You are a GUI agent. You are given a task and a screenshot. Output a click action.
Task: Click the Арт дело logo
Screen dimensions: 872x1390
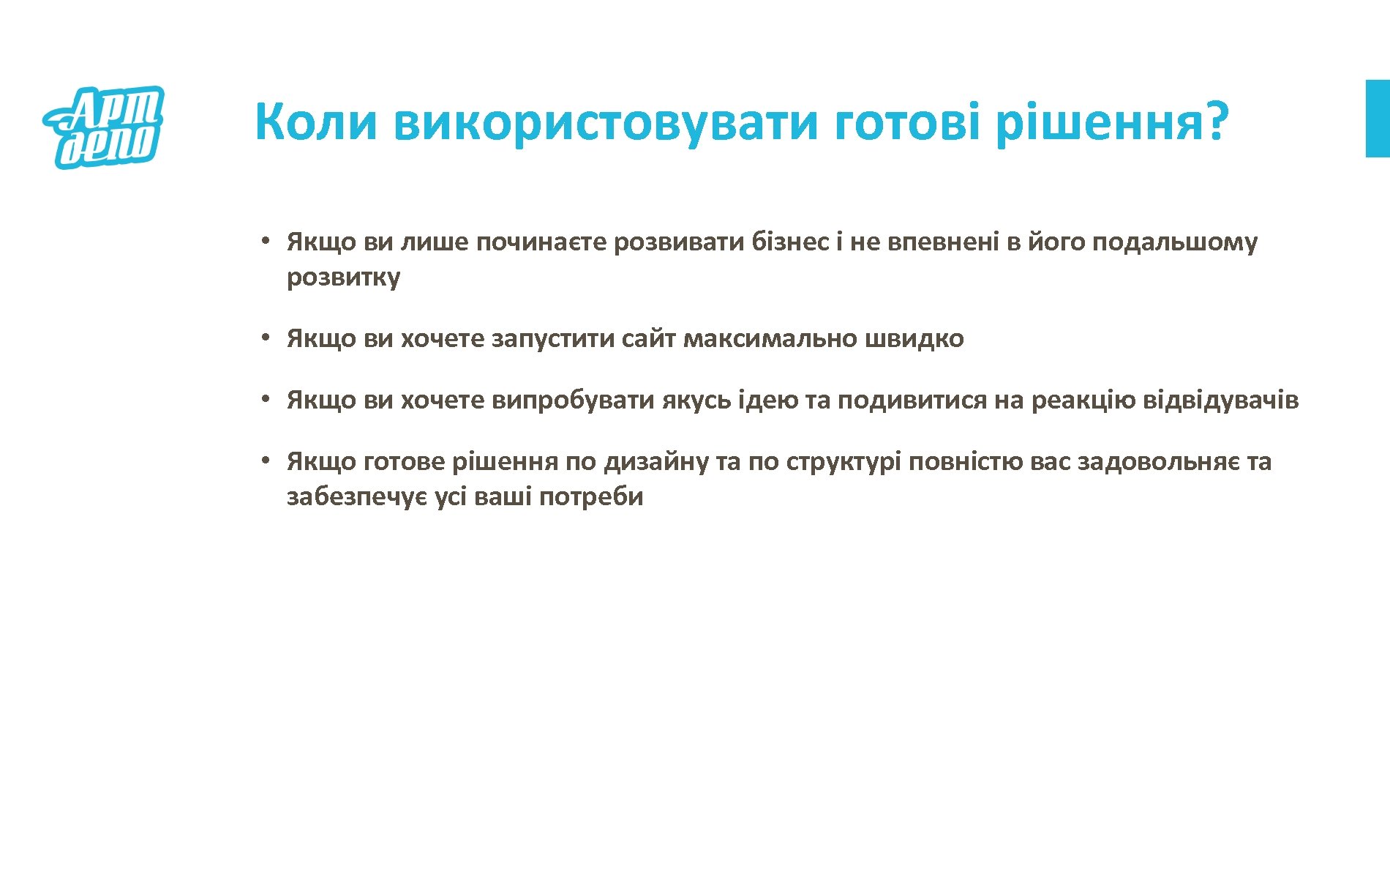tap(105, 127)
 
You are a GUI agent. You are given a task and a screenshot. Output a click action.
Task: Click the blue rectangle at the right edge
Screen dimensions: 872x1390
tap(1377, 119)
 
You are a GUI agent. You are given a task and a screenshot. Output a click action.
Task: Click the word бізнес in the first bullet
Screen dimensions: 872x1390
tap(790, 242)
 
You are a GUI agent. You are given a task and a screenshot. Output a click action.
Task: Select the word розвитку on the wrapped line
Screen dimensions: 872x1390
tap(343, 277)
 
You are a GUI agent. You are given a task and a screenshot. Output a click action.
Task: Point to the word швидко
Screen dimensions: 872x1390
tap(914, 338)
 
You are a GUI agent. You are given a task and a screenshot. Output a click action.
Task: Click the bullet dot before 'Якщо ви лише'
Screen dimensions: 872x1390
tap(268, 241)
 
